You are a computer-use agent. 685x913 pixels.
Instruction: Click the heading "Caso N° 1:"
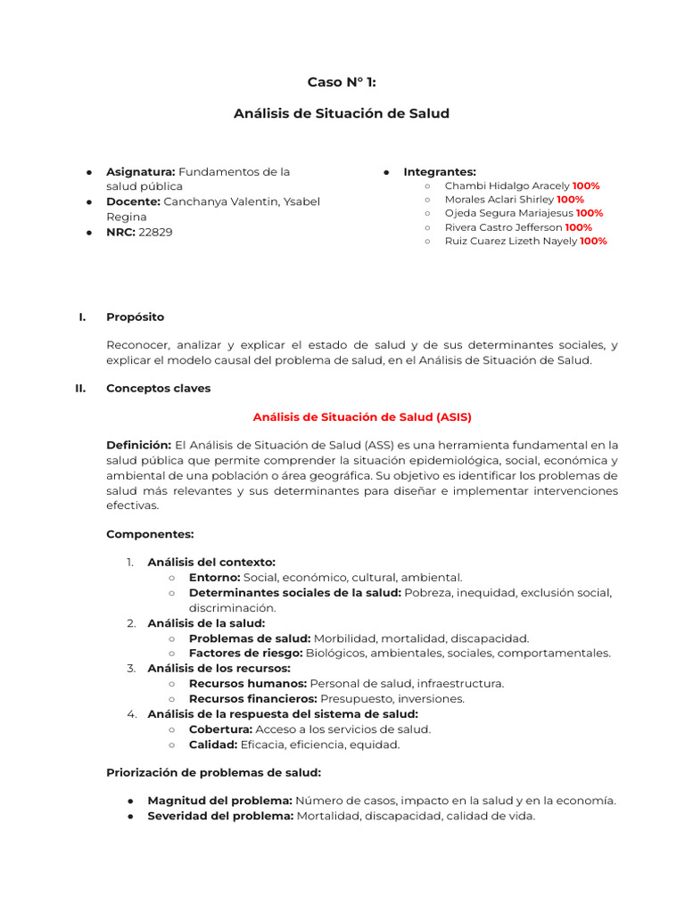click(x=342, y=82)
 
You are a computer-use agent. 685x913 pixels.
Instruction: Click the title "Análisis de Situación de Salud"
click(x=342, y=113)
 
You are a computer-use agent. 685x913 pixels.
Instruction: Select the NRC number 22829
click(x=156, y=232)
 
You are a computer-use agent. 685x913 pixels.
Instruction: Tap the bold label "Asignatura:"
click(x=140, y=171)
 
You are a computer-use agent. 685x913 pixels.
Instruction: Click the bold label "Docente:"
click(x=134, y=202)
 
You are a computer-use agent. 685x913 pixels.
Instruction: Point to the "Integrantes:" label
click(x=440, y=171)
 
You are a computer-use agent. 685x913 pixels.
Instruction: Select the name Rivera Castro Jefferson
click(x=504, y=227)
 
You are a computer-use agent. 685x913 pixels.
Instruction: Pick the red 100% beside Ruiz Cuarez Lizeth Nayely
click(x=593, y=242)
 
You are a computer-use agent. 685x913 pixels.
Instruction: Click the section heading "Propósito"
click(x=135, y=317)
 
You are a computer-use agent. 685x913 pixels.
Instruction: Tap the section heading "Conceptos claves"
click(x=158, y=388)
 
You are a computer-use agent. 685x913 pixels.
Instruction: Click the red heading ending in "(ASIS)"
click(x=362, y=416)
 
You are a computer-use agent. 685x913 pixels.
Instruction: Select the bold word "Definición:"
click(x=138, y=445)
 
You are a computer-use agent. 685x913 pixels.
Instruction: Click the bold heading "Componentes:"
click(x=150, y=534)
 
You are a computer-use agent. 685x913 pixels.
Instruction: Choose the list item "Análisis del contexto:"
click(x=211, y=562)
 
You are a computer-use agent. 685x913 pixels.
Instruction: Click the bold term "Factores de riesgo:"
click(x=246, y=653)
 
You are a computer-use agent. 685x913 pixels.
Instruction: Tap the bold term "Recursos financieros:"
click(x=252, y=699)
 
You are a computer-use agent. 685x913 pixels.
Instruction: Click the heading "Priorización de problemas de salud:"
click(x=214, y=772)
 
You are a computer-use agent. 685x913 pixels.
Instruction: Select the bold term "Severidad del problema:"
click(x=220, y=816)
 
